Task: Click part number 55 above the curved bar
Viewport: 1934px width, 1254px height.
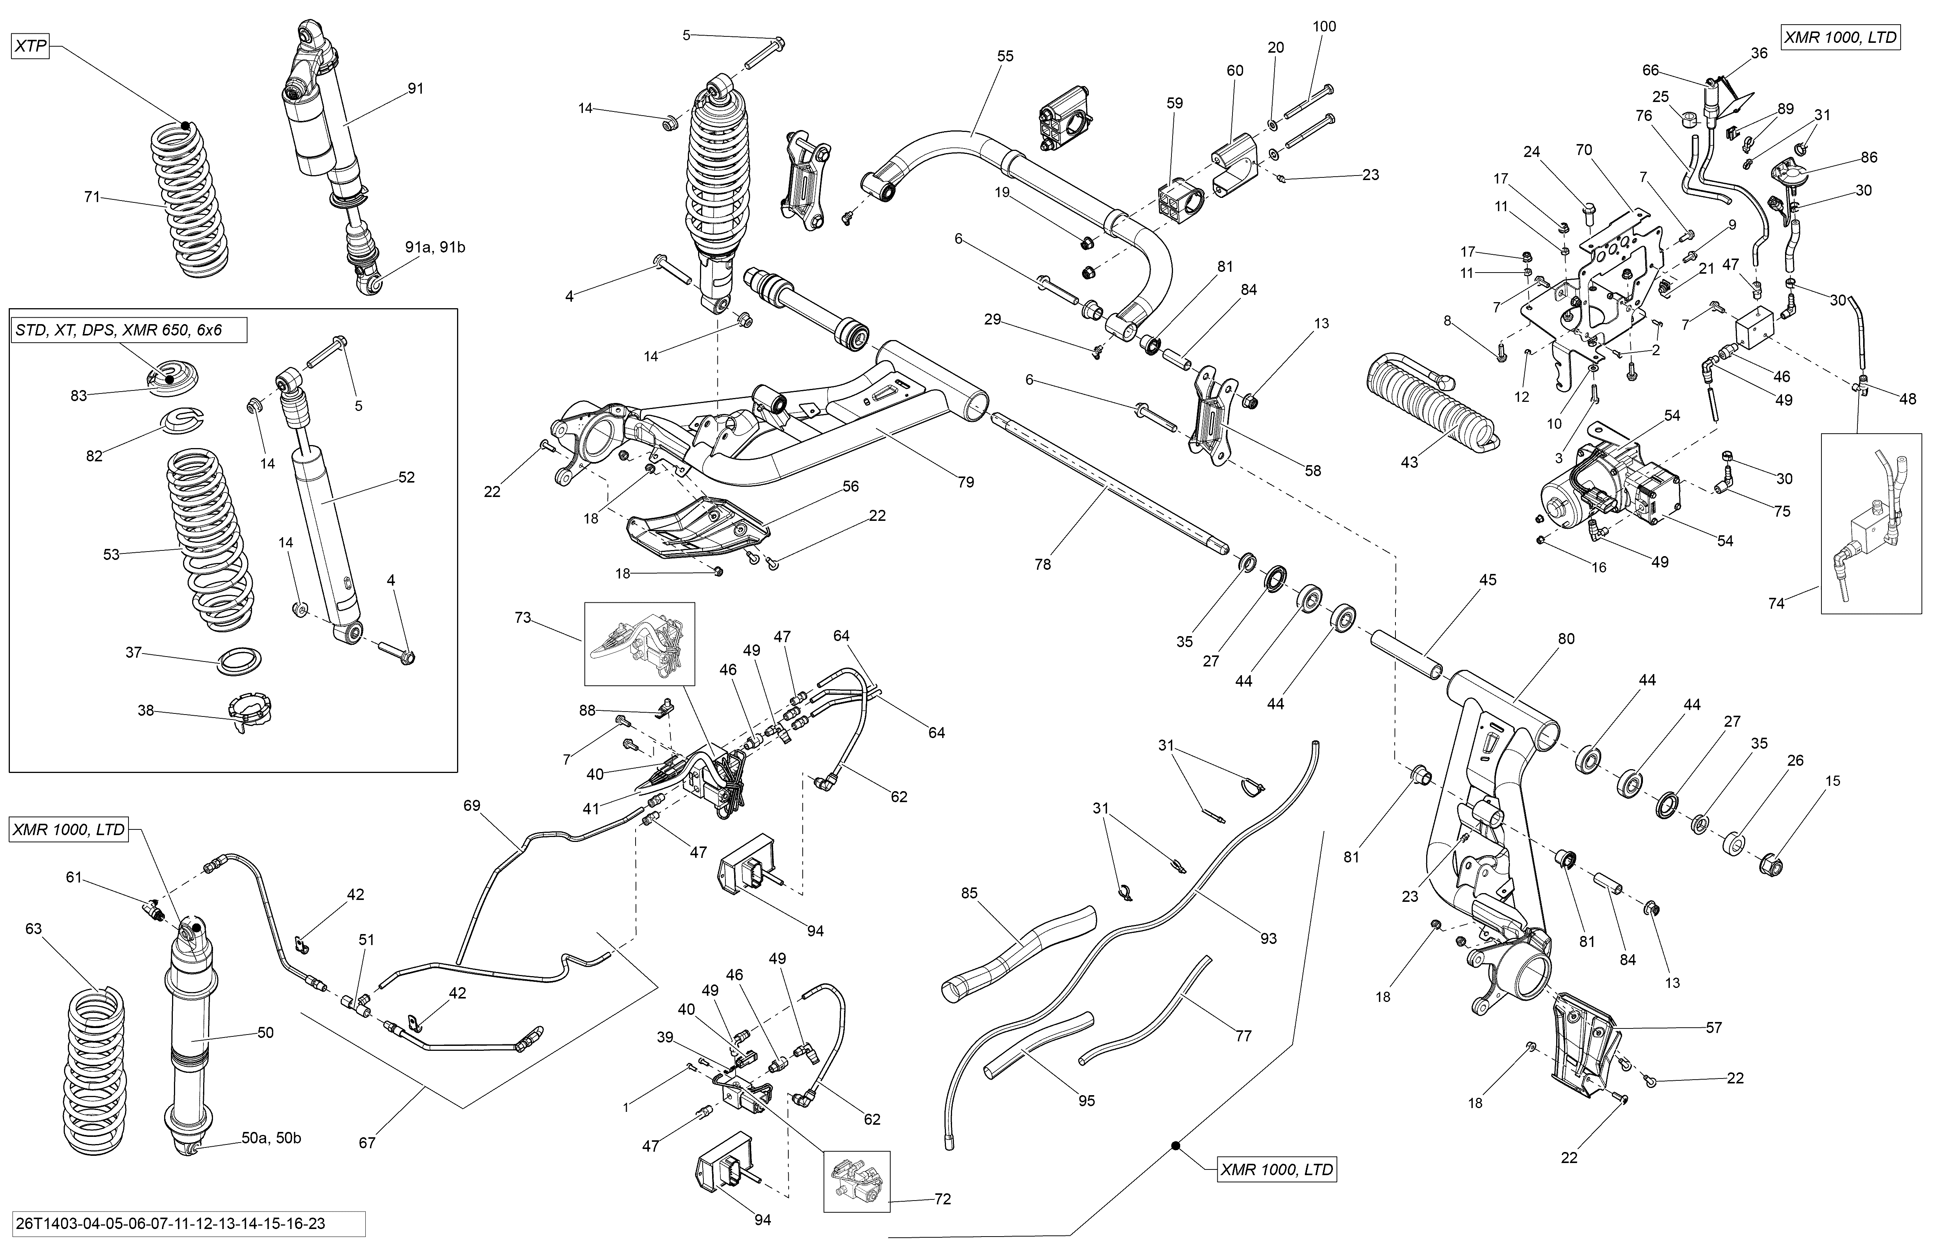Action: coord(1005,56)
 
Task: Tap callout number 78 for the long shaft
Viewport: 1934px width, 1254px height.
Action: coord(1043,564)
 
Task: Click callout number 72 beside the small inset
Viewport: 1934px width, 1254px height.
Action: coord(943,1199)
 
